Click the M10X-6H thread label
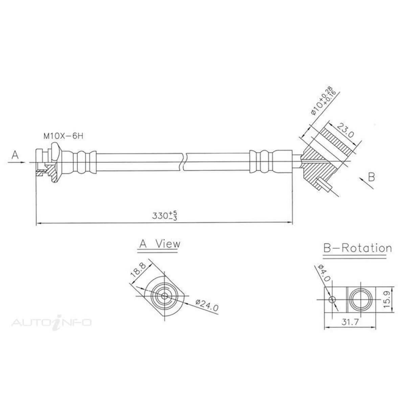point(63,136)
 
